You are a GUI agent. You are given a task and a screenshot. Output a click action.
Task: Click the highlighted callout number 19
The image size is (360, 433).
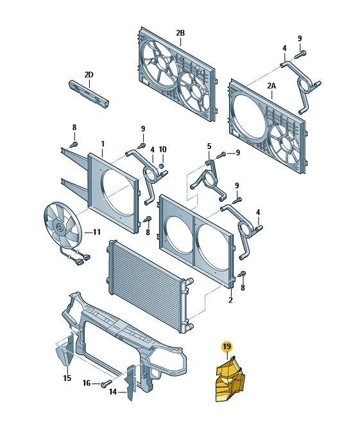227,346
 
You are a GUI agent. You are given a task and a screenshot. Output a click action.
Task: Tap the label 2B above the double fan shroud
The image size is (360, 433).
180,33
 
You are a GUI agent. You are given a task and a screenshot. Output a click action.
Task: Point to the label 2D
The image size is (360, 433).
89,75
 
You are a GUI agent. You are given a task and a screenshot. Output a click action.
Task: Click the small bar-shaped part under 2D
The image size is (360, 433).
89,94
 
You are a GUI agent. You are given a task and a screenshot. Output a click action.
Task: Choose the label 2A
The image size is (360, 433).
271,86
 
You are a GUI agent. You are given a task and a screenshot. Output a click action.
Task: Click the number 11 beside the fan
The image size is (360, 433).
96,233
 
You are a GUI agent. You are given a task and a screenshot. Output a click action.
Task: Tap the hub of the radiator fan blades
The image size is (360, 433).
59,227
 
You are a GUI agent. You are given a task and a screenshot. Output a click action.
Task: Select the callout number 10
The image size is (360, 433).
163,150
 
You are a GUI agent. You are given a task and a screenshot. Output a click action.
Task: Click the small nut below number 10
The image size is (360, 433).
162,166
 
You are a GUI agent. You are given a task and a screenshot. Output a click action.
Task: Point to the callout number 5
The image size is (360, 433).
209,146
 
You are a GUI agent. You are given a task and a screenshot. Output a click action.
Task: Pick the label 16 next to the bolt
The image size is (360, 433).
87,383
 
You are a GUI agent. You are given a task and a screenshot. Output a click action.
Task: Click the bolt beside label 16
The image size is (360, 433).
107,384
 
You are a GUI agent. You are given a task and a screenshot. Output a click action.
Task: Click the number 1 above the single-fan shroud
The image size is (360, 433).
103,144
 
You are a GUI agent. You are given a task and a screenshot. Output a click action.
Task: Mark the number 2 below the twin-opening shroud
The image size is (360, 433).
230,300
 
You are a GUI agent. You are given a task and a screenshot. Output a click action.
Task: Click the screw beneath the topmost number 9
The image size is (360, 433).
300,53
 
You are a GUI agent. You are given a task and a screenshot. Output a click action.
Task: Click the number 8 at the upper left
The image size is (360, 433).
74,128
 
